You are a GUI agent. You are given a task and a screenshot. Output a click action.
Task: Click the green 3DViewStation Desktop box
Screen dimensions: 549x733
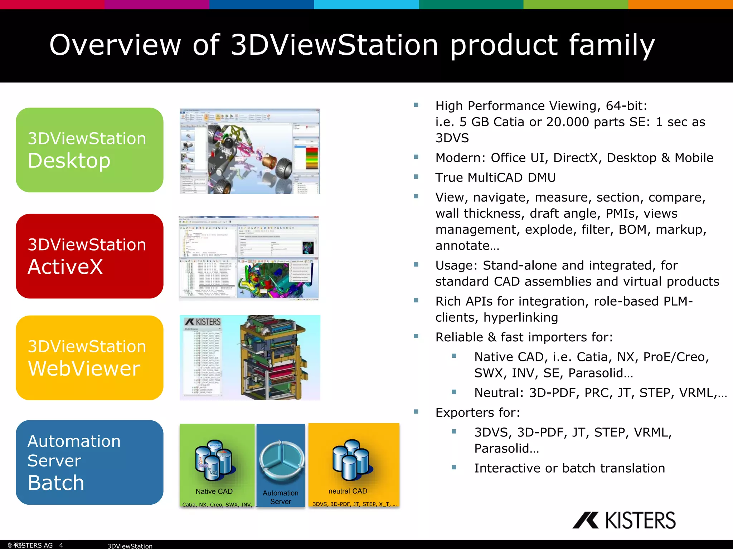[89, 150]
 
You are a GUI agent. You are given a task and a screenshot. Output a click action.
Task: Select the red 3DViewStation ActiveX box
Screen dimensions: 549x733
[89, 256]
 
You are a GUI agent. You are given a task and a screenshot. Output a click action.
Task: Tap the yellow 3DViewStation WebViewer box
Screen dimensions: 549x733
[89, 357]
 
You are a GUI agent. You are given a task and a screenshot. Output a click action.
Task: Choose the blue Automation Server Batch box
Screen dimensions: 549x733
[89, 462]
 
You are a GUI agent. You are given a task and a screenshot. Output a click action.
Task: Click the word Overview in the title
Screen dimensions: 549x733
[115, 45]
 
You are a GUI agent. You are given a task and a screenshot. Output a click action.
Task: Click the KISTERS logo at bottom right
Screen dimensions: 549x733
[624, 520]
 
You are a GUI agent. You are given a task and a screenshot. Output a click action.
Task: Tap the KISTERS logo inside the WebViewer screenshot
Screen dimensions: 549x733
[203, 322]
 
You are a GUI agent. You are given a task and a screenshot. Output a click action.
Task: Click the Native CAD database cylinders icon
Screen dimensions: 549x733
[214, 460]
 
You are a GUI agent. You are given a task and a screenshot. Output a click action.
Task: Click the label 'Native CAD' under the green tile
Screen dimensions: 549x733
[214, 491]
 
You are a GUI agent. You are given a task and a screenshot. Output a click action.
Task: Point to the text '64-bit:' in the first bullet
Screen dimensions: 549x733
[626, 106]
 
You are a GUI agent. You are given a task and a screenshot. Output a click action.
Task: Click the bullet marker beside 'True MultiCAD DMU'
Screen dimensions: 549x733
[416, 177]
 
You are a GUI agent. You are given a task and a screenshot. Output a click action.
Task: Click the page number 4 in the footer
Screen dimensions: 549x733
[61, 545]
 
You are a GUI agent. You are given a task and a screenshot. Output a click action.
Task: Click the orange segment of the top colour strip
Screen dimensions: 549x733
[680, 4]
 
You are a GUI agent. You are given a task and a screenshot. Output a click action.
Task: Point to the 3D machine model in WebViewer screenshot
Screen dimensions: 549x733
[272, 357]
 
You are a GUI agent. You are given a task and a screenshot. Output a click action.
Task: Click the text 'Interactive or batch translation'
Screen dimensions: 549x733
[569, 468]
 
